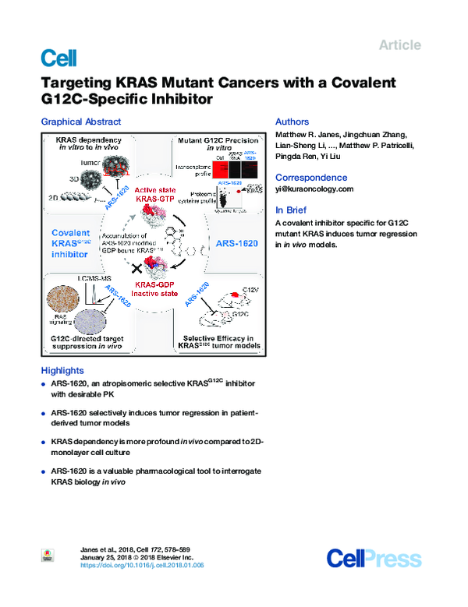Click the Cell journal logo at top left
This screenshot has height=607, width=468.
click(58, 57)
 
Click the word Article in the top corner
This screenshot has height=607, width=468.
click(399, 45)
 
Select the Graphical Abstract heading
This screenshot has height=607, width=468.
click(80, 122)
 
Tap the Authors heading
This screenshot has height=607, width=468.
click(292, 122)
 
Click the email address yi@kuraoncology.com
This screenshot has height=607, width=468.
click(314, 189)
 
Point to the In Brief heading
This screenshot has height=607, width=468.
click(291, 210)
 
